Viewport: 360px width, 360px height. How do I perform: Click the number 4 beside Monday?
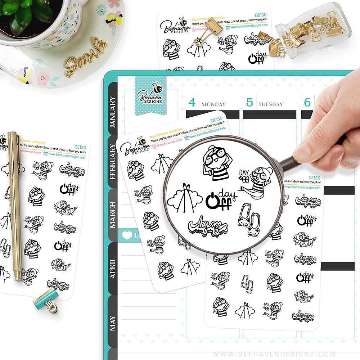click(192, 102)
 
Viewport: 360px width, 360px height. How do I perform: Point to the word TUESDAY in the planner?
click(270, 104)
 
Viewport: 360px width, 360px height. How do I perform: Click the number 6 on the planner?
click(307, 102)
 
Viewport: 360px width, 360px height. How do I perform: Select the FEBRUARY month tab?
click(113, 162)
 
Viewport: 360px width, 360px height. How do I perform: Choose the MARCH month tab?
click(113, 215)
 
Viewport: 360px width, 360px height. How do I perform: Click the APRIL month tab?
click(113, 268)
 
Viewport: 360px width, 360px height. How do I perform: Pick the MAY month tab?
click(113, 323)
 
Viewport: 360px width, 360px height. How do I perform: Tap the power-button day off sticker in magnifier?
click(220, 200)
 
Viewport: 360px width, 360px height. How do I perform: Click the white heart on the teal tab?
click(127, 235)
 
